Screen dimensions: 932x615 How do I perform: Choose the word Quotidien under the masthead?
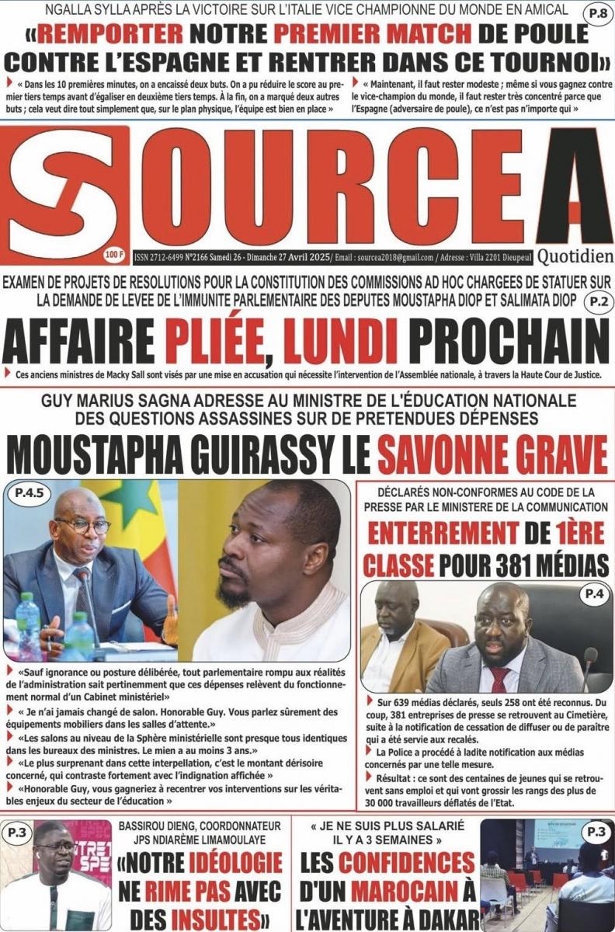tap(575, 256)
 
